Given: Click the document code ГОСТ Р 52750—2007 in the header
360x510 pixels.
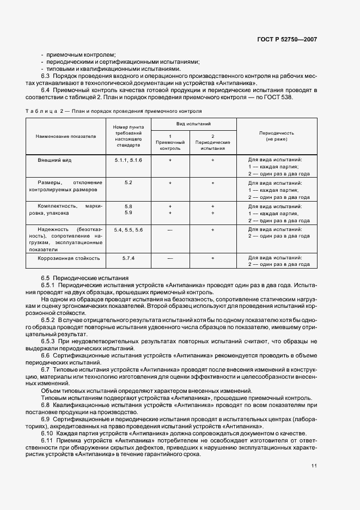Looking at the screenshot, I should coord(288,40).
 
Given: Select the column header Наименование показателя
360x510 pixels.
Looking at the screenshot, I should coord(66,136).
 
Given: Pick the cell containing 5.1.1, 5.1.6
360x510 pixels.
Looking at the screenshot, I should coord(128,161).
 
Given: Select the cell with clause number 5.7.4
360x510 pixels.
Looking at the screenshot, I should coord(128,258).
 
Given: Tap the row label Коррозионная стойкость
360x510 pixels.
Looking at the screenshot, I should coord(69,258).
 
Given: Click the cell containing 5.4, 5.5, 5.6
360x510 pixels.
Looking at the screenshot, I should coord(128,230).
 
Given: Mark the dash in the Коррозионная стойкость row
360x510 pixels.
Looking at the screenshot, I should coord(170,258).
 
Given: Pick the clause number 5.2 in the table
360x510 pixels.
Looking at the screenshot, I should coord(128,182).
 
